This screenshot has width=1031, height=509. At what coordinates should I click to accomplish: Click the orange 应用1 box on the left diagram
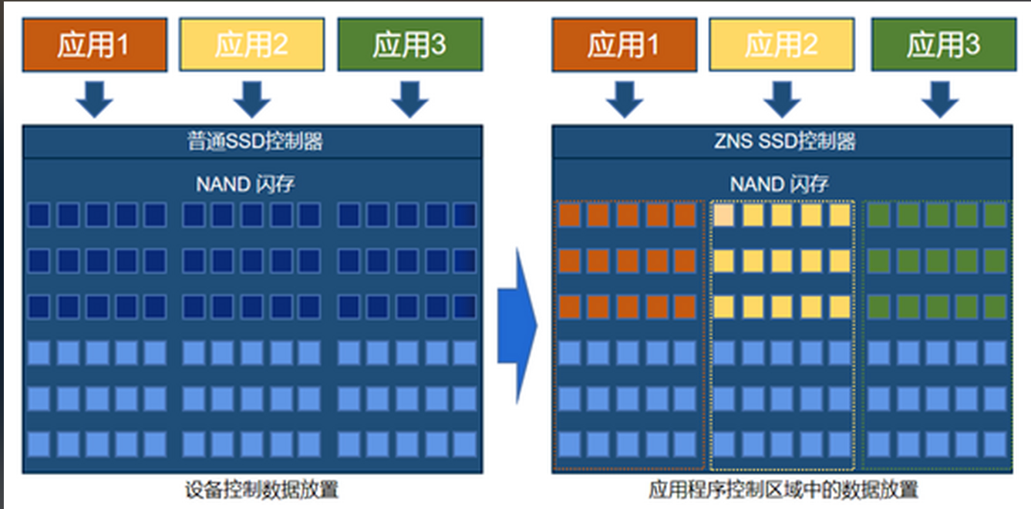coord(95,46)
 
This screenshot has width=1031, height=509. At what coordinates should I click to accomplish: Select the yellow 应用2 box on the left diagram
coord(251,46)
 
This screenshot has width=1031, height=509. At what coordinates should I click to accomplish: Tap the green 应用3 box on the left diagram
coord(409,46)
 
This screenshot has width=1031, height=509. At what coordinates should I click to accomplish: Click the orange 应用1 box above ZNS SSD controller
coord(624,46)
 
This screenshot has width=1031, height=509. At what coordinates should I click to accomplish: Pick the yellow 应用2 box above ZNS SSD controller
coord(781,46)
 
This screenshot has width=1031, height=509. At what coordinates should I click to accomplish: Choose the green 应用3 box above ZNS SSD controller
coord(942,46)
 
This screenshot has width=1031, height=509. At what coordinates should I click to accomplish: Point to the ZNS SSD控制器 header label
coord(781,142)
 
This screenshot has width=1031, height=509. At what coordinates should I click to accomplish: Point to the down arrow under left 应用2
coord(251,98)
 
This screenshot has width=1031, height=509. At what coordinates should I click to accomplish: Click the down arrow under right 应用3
coord(940,98)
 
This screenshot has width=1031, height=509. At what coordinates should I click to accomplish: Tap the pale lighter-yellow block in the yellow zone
coord(723,215)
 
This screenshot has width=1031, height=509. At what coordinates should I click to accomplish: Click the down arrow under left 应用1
coord(95,98)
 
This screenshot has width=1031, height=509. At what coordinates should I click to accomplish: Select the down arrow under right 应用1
coord(624,98)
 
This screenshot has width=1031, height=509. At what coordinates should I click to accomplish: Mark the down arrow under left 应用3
coord(409,98)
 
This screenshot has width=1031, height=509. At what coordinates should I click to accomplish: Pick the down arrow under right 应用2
coord(781,98)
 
